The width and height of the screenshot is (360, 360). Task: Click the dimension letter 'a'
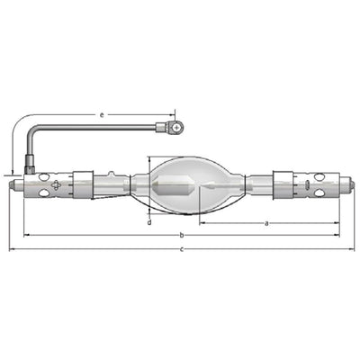266,223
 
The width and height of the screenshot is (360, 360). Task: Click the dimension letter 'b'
182,235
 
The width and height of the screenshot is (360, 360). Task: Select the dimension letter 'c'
182,249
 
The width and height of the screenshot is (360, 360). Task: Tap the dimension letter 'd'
149,222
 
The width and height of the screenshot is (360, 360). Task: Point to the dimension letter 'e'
102,115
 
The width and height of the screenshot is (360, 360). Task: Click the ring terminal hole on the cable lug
177,128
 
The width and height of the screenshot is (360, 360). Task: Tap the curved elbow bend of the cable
33,133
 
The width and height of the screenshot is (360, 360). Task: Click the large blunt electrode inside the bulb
172,186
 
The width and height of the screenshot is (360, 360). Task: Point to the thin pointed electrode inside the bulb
208,186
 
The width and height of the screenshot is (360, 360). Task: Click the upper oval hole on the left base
43,176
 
